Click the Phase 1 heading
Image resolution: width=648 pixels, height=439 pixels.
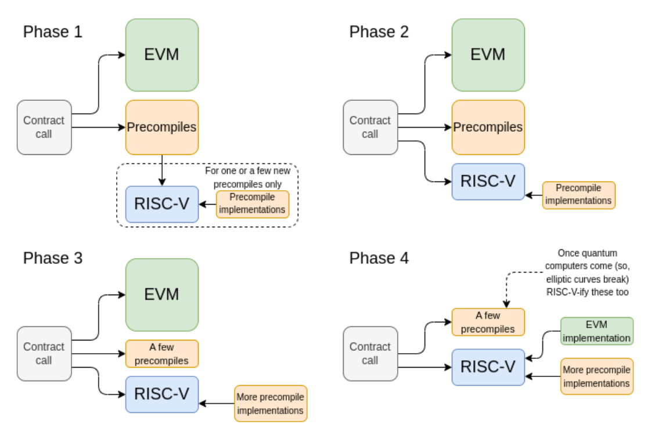pyautogui.click(x=53, y=32)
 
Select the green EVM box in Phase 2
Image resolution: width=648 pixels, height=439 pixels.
pyautogui.click(x=488, y=55)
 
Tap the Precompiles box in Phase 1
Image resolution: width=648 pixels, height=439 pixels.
pyautogui.click(x=162, y=127)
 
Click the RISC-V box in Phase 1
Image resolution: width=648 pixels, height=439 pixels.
pyautogui.click(x=162, y=204)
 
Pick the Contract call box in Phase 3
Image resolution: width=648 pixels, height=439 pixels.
pyautogui.click(x=44, y=353)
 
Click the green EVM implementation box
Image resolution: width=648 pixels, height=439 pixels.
pyautogui.click(x=596, y=331)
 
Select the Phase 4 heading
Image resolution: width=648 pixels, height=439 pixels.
pyautogui.click(x=379, y=258)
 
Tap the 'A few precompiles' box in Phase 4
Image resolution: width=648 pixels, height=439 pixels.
pyautogui.click(x=488, y=322)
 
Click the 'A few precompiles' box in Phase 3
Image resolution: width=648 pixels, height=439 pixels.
pyautogui.click(x=162, y=354)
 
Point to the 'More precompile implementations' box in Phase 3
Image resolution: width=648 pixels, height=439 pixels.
pyautogui.click(x=271, y=404)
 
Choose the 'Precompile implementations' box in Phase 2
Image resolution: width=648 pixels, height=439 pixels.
pyautogui.click(x=578, y=195)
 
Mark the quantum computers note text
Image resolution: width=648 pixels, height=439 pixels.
pyautogui.click(x=587, y=273)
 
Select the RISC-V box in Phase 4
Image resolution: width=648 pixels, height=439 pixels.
pyautogui.click(x=488, y=367)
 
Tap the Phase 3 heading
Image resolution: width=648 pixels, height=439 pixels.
pyautogui.click(x=53, y=258)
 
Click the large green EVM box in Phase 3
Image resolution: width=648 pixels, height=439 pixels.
pyautogui.click(x=162, y=295)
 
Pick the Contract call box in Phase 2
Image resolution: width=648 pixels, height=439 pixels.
pyautogui.click(x=370, y=127)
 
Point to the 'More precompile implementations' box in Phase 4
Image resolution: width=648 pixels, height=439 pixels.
pyautogui.click(x=596, y=376)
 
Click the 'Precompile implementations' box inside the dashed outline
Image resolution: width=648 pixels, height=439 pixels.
pyautogui.click(x=253, y=204)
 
